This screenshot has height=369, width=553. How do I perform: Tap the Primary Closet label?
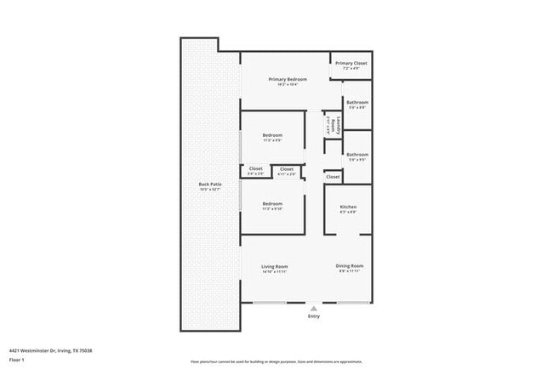pyautogui.click(x=350, y=63)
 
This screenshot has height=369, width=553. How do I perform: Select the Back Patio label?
pyautogui.click(x=210, y=184)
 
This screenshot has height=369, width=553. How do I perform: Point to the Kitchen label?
pyautogui.click(x=348, y=207)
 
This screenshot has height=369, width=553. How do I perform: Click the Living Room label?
pyautogui.click(x=274, y=266)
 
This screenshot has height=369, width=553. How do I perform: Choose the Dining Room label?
pyautogui.click(x=350, y=266)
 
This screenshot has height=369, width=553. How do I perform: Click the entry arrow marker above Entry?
pyautogui.click(x=314, y=308)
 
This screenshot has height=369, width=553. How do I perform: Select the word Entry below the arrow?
pyautogui.click(x=314, y=316)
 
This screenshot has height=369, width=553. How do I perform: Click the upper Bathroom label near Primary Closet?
pyautogui.click(x=356, y=102)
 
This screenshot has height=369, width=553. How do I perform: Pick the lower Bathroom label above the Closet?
pyautogui.click(x=356, y=154)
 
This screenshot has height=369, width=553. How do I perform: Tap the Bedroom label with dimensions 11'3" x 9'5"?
pyautogui.click(x=272, y=136)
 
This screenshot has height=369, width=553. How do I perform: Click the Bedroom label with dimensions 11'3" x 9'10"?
pyautogui.click(x=272, y=204)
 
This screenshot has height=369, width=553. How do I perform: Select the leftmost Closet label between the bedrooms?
pyautogui.click(x=255, y=169)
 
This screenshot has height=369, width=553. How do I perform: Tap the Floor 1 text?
pyautogui.click(x=18, y=360)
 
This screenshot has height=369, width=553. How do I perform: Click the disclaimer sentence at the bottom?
pyautogui.click(x=276, y=360)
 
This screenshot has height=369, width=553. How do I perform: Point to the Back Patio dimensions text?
pyautogui.click(x=210, y=190)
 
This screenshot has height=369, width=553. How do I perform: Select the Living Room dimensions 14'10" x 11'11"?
pyautogui.click(x=274, y=272)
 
